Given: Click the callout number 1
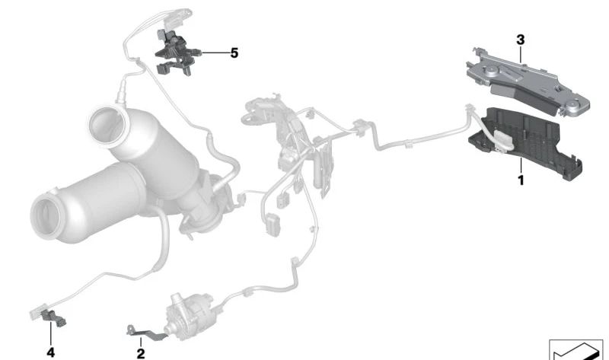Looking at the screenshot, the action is [521, 180].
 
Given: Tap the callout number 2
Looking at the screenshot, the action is [141, 353].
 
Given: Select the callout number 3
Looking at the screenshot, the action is [521, 40].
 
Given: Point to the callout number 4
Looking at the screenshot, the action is [50, 352].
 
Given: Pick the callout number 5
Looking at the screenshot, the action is [234, 53].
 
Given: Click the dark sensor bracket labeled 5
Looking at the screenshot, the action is [177, 53].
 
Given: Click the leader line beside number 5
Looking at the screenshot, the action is [215, 53].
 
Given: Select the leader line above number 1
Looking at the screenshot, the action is [521, 166].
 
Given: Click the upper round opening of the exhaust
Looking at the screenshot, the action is [107, 126].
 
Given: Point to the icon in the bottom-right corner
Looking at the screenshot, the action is [579, 349].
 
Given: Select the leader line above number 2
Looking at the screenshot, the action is [141, 342].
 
